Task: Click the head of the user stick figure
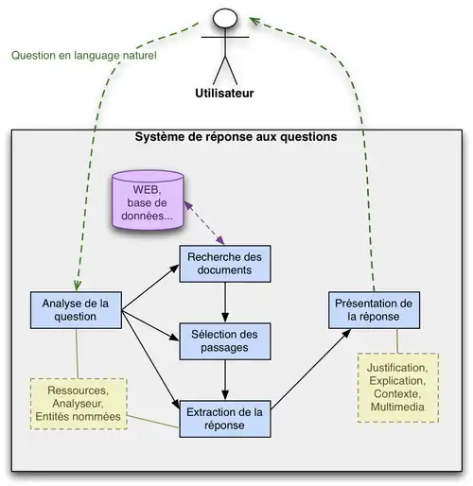(x=225, y=18)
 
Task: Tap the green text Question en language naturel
(x=83, y=55)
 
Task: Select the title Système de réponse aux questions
(x=236, y=136)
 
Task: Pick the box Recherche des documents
(x=225, y=263)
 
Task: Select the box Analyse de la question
(x=76, y=310)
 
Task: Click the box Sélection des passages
(x=225, y=340)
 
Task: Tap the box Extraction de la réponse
(x=225, y=418)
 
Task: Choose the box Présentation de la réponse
(x=372, y=309)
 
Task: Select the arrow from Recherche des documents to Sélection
(x=225, y=303)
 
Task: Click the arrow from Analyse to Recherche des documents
(x=151, y=286)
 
